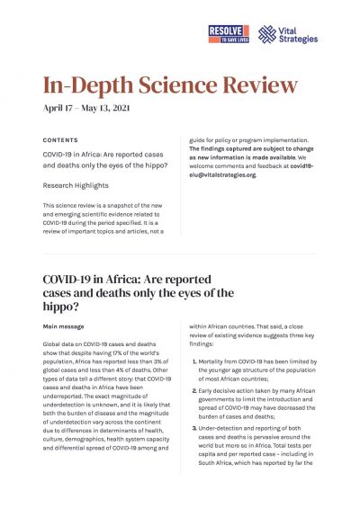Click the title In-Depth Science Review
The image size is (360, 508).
click(170, 86)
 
